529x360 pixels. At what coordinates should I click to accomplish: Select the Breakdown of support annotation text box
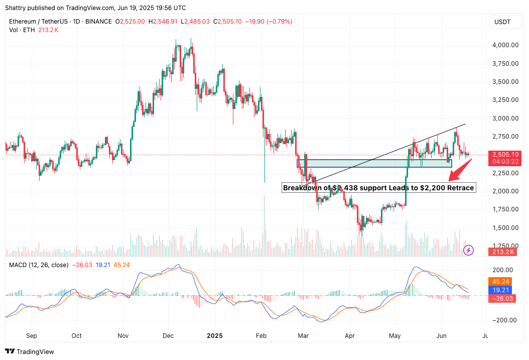[378, 188]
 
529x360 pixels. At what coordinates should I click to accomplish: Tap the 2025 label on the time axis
[214, 335]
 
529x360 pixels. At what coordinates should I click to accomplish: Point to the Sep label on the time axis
[31, 335]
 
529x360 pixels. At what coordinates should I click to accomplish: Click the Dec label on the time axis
[168, 335]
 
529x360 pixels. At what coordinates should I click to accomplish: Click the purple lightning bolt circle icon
[468, 250]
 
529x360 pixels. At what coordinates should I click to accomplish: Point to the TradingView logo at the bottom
[30, 352]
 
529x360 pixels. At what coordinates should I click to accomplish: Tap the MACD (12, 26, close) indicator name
[38, 265]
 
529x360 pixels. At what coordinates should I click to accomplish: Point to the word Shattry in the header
[16, 8]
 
